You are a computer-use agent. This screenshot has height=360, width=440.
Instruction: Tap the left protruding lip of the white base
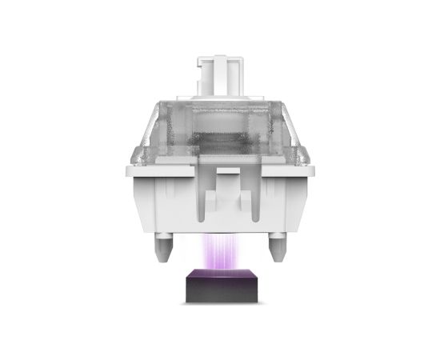[x=130, y=171]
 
